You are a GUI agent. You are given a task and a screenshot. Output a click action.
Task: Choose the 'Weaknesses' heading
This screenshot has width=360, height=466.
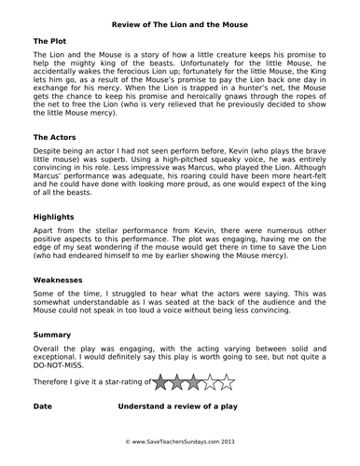(62, 279)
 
